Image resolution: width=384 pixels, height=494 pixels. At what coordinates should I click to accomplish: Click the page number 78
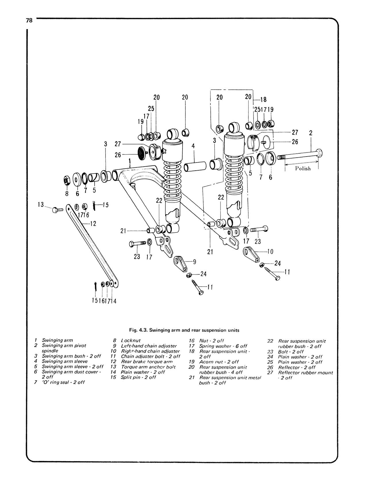(29, 20)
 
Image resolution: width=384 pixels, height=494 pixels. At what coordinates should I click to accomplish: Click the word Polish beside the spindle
(303, 169)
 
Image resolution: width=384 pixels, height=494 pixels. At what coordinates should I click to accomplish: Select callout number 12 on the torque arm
(93, 224)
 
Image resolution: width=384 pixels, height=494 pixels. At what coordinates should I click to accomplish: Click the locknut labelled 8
(67, 180)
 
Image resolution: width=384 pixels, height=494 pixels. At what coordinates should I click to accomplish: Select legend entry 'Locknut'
(131, 340)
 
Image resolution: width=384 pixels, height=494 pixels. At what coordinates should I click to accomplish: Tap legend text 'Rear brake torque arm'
(147, 362)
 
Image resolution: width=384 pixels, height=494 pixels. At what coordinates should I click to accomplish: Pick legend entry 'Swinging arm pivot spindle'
(64, 348)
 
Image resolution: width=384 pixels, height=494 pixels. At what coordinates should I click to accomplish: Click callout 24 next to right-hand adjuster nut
(277, 263)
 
